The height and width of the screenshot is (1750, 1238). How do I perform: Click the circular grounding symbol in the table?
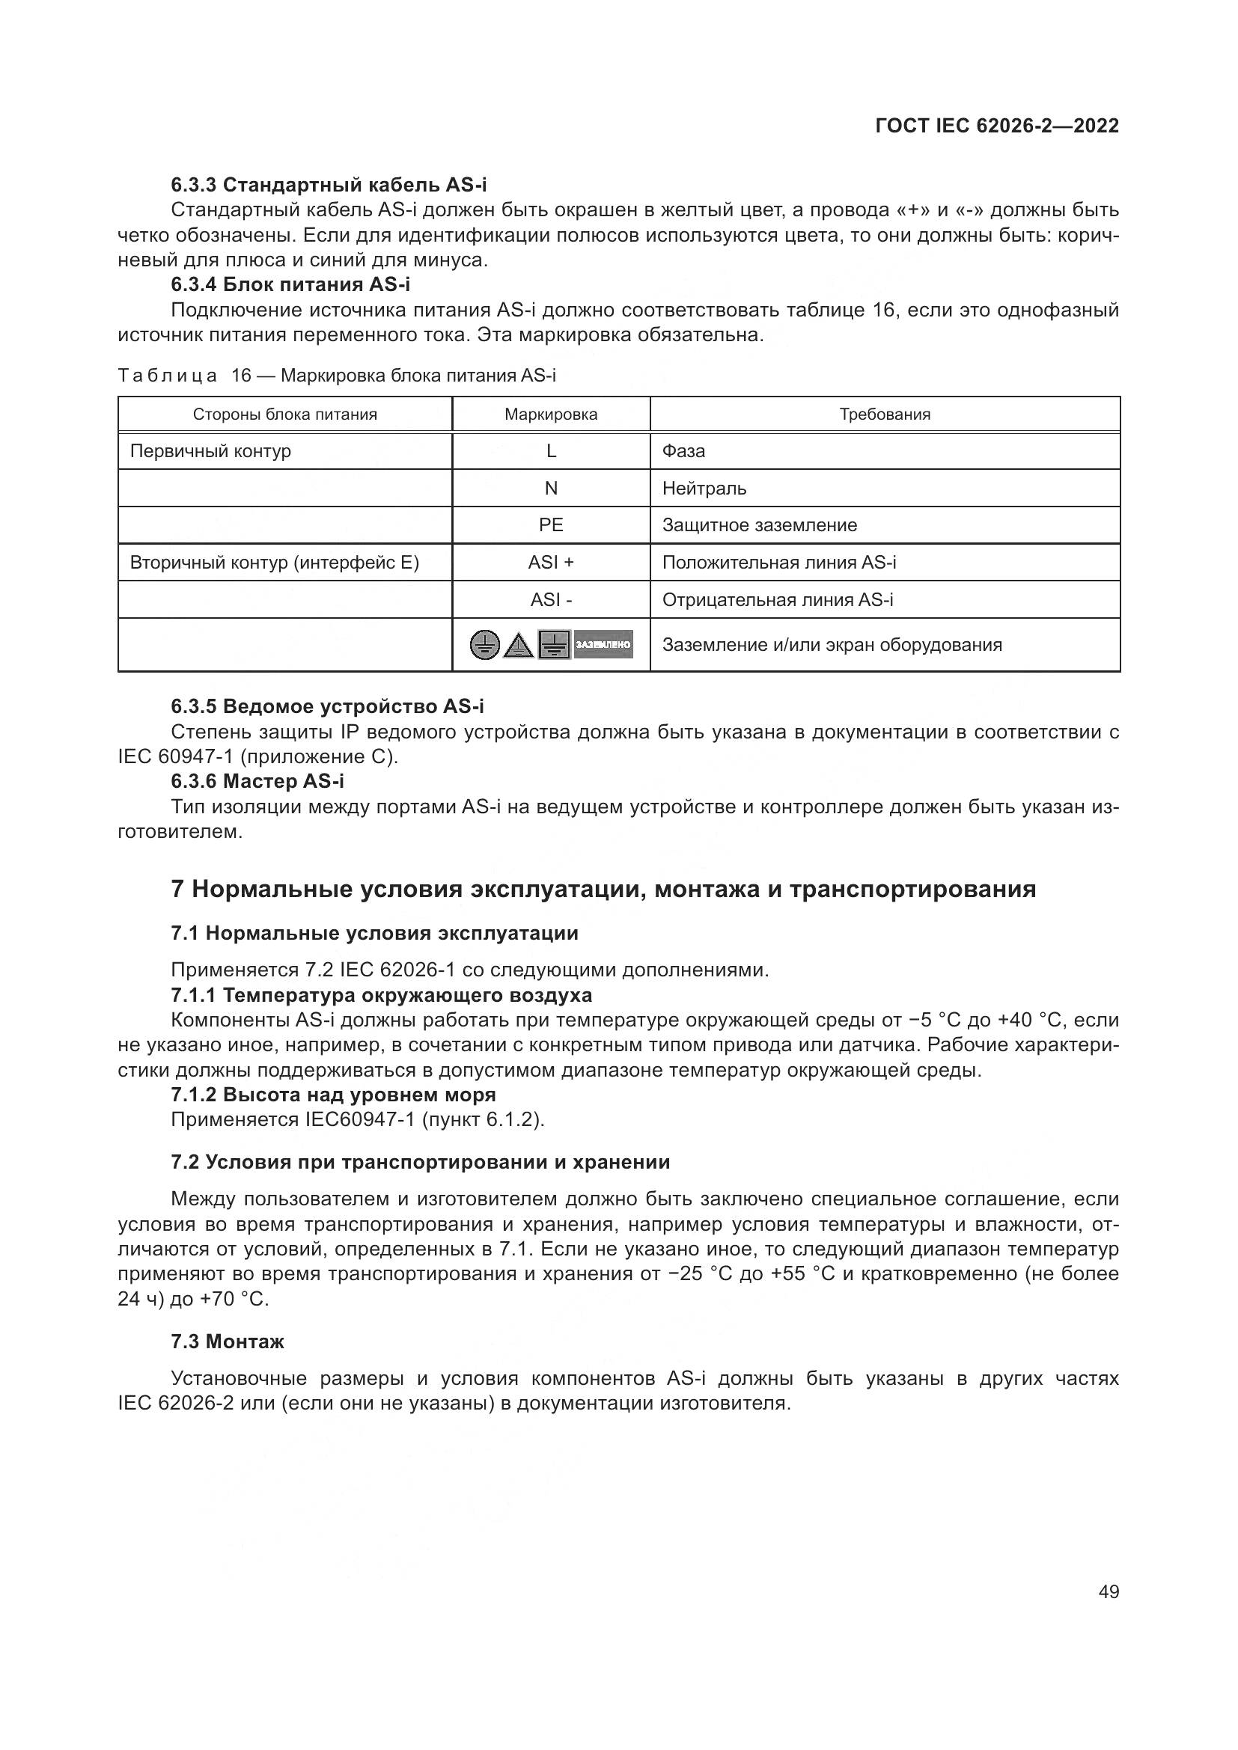(x=485, y=645)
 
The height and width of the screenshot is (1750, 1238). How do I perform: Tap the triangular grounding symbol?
(x=519, y=645)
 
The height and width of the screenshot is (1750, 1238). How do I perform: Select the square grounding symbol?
(x=554, y=645)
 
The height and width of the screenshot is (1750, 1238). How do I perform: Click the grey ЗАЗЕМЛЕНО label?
(x=603, y=645)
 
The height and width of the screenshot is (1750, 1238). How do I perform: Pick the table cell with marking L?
(x=551, y=451)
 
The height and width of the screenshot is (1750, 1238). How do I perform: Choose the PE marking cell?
(x=551, y=525)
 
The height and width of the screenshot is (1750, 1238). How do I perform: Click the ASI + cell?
(x=551, y=563)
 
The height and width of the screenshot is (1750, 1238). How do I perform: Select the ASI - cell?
(x=551, y=600)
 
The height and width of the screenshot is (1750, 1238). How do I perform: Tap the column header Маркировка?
(x=551, y=414)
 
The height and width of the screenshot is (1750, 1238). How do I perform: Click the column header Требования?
(x=884, y=414)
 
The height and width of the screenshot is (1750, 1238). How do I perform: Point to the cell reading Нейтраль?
(x=704, y=489)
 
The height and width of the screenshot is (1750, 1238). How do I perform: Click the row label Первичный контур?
(x=210, y=451)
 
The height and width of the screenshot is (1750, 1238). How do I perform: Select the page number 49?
(x=1109, y=1592)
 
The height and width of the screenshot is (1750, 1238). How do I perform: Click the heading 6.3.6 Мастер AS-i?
(x=257, y=781)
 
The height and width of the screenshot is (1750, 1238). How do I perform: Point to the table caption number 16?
(x=241, y=376)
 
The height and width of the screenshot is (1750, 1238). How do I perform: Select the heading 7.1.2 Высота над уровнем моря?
(x=333, y=1095)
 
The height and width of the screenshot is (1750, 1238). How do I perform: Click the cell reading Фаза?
(x=683, y=451)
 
